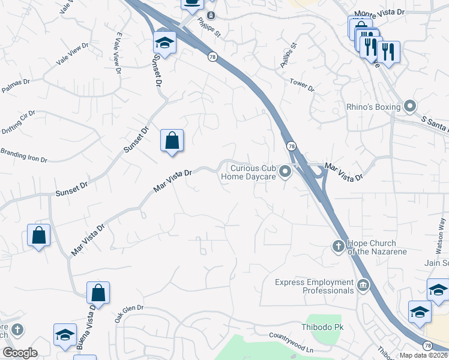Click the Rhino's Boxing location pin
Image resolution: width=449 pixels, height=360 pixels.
(411, 107)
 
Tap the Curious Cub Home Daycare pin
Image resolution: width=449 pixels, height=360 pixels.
(286, 173)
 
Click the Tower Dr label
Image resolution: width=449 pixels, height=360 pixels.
(302, 85)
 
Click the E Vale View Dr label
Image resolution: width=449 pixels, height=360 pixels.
(117, 53)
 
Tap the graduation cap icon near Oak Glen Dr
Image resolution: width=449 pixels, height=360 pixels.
(65, 334)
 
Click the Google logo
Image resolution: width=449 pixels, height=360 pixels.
(20, 353)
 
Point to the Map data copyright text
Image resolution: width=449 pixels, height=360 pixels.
(424, 355)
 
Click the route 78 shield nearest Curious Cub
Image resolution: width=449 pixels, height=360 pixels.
(291, 146)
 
